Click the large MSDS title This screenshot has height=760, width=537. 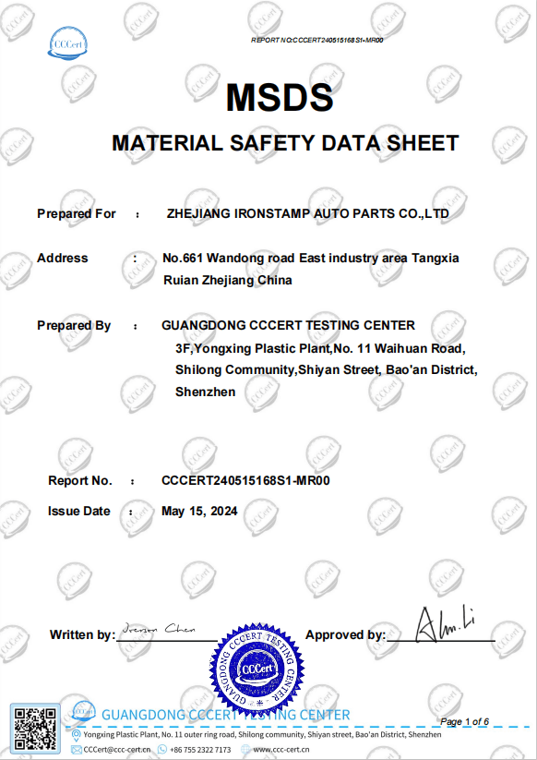[x=279, y=97]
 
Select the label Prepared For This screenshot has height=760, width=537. [x=77, y=213]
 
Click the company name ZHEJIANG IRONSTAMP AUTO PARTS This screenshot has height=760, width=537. [x=308, y=213]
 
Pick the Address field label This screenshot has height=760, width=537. [x=63, y=258]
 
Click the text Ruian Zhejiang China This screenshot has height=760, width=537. [x=227, y=280]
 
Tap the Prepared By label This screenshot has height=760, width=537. [x=74, y=325]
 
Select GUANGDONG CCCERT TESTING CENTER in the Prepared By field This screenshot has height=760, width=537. [x=288, y=325]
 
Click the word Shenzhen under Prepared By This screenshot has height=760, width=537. [x=205, y=392]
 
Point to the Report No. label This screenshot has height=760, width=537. [x=80, y=480]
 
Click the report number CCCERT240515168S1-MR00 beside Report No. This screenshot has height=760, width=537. [x=245, y=480]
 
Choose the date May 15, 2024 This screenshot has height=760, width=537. [x=199, y=511]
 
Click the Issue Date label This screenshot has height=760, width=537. [x=79, y=511]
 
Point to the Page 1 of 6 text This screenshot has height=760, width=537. [x=466, y=720]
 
